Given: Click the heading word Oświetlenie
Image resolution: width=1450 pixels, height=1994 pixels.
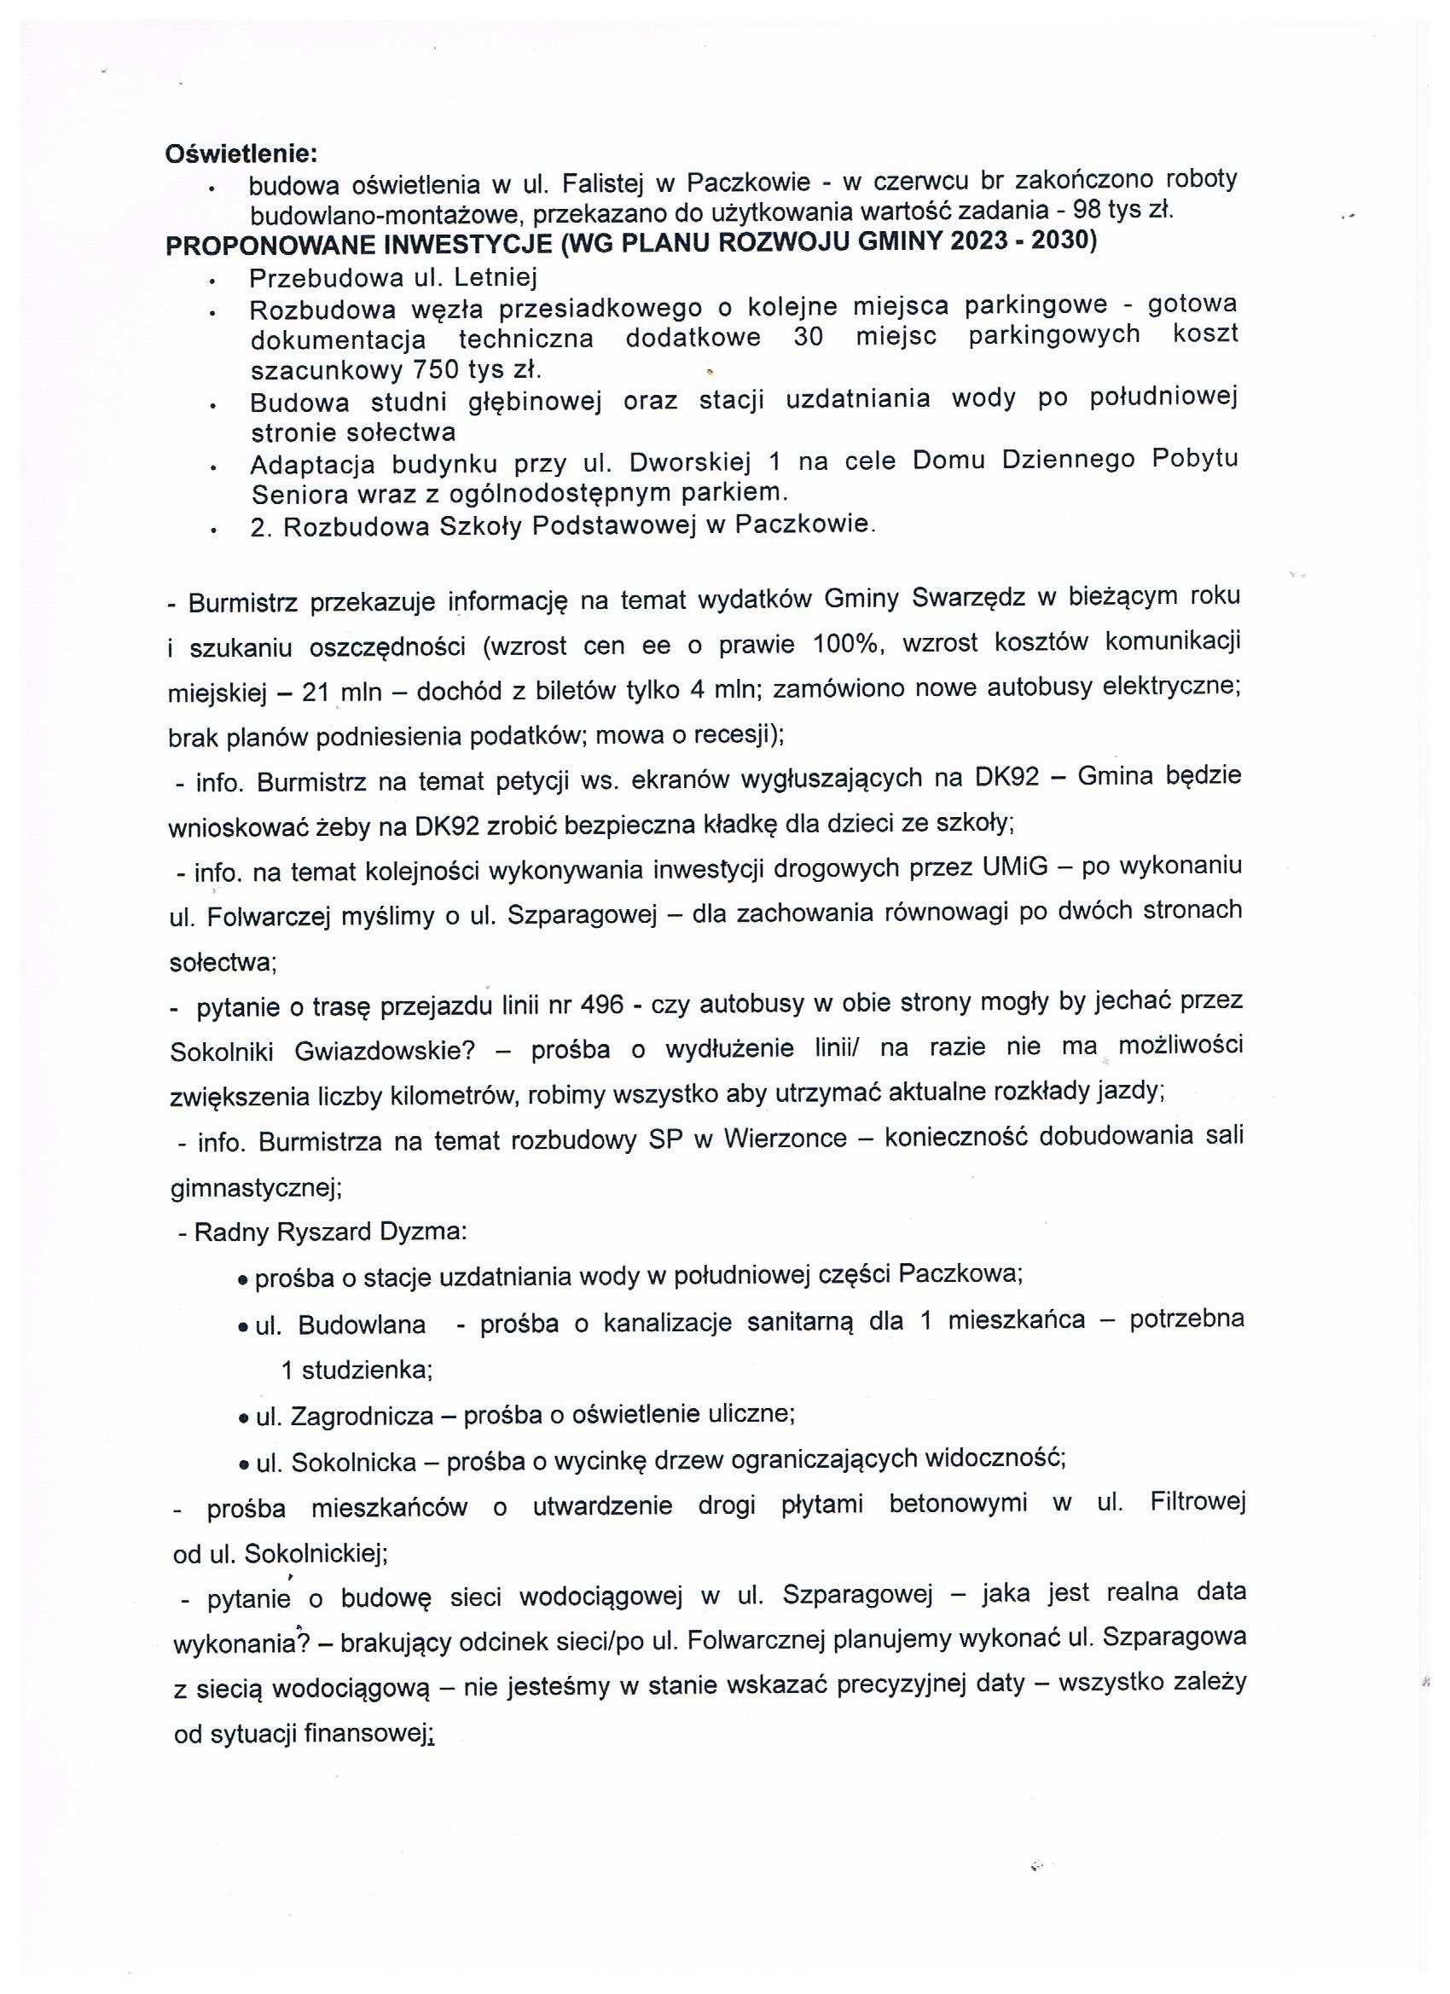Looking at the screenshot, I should (x=240, y=153).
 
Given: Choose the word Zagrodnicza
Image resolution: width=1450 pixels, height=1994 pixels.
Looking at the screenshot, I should (x=362, y=1416).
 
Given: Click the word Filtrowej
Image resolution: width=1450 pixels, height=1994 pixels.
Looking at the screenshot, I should (x=1198, y=1504).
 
